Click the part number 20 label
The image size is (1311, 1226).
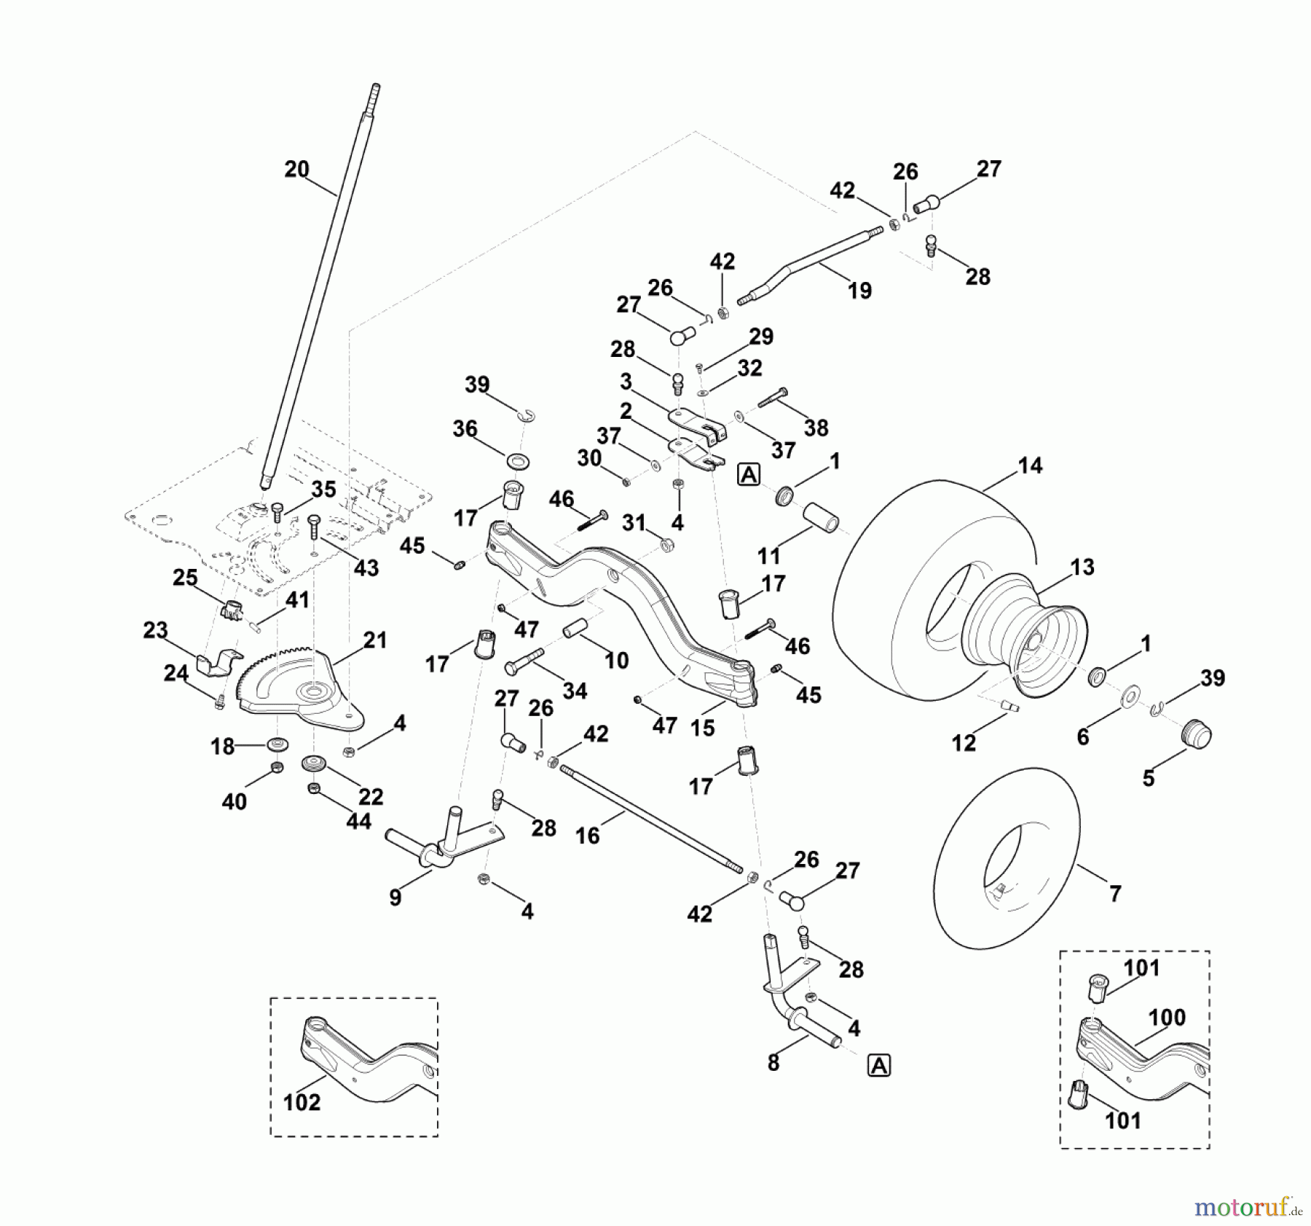pos(296,170)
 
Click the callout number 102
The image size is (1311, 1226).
pos(302,1102)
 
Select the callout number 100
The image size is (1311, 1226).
pos(1167,1017)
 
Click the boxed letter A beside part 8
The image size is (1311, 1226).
pos(879,1066)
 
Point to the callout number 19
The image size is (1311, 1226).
pos(859,291)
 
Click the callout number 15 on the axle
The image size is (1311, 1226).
pos(702,728)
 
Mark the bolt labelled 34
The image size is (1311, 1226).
pos(524,664)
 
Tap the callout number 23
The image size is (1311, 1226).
pos(155,629)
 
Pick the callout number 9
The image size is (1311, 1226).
pos(395,897)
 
